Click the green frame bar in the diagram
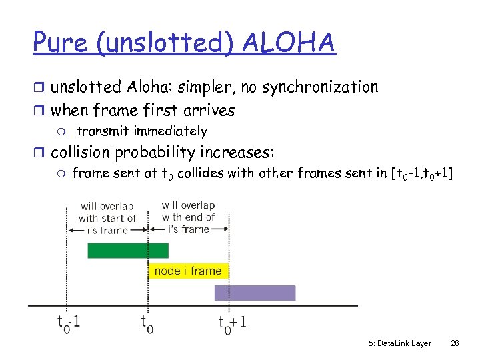(x=128, y=251)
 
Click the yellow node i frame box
(x=188, y=271)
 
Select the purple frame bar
(x=255, y=293)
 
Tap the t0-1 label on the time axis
(x=69, y=323)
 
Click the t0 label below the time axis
(x=148, y=323)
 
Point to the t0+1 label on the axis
(x=232, y=323)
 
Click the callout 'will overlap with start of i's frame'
(x=107, y=218)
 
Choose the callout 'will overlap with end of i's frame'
(x=188, y=217)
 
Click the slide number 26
(x=455, y=343)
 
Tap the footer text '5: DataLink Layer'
(x=399, y=343)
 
